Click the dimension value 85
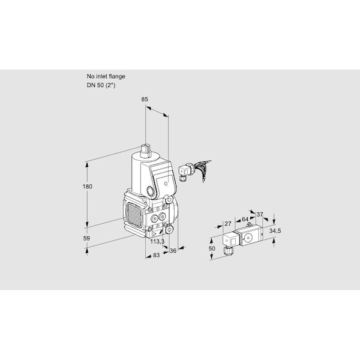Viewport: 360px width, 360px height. [x=145, y=100]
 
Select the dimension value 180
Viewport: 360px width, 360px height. [x=88, y=187]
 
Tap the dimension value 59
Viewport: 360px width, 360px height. [x=86, y=238]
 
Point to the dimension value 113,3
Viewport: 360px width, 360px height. [x=157, y=241]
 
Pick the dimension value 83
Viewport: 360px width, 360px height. [x=156, y=255]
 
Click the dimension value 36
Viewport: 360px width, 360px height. [x=173, y=251]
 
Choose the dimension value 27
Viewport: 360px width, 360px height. [x=227, y=223]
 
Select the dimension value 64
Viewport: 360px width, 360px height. [x=245, y=220]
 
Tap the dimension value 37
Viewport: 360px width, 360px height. [x=259, y=214]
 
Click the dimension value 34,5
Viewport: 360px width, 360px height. [x=275, y=231]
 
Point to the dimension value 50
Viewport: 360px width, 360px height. [x=212, y=248]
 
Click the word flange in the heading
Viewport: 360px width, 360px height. [x=117, y=76]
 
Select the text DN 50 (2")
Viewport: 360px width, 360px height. [x=101, y=85]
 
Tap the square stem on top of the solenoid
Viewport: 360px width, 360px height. [x=146, y=151]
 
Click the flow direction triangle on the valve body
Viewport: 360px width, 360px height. [x=155, y=234]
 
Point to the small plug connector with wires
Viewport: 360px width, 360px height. [x=185, y=172]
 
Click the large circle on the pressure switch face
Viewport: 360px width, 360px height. [x=248, y=237]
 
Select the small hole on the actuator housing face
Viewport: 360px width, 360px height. [x=166, y=184]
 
